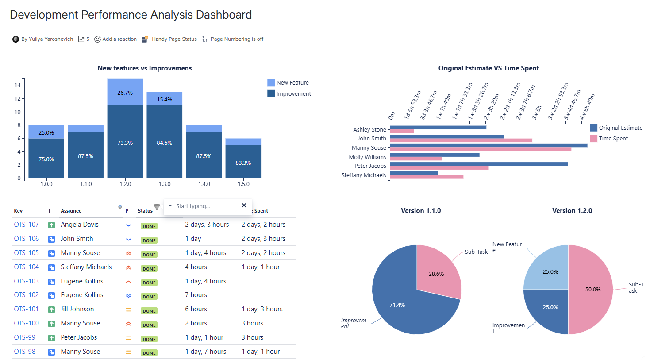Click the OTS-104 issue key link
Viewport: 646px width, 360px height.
pyautogui.click(x=26, y=267)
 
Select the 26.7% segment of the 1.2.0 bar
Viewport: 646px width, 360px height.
pyautogui.click(x=125, y=92)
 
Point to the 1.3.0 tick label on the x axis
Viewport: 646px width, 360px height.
pyautogui.click(x=165, y=184)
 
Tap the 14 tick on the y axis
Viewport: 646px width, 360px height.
pyautogui.click(x=18, y=85)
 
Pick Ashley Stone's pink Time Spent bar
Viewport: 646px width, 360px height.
pyautogui.click(x=402, y=131)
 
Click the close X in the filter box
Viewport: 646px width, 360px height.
pyautogui.click(x=244, y=205)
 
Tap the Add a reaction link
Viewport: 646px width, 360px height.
pyautogui.click(x=115, y=39)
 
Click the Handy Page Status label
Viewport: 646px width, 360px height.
pyautogui.click(x=174, y=39)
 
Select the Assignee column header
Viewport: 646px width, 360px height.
pyautogui.click(x=71, y=211)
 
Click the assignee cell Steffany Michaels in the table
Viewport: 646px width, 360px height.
pyautogui.click(x=86, y=267)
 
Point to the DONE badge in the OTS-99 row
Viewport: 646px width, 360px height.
pyautogui.click(x=149, y=339)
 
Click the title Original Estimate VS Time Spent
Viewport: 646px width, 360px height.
pyautogui.click(x=488, y=68)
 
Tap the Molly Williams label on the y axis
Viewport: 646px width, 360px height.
pyautogui.click(x=367, y=157)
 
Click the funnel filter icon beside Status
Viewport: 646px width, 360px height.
pyautogui.click(x=157, y=207)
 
